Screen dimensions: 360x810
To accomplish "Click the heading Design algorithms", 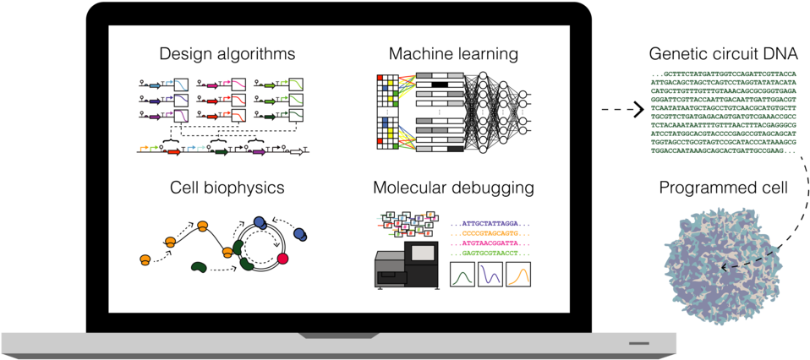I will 227,54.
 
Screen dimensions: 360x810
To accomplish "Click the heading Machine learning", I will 453,54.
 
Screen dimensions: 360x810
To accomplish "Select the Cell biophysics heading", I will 226,187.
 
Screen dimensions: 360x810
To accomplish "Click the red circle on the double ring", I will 283,258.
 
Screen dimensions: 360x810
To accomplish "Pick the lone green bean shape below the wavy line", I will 199,267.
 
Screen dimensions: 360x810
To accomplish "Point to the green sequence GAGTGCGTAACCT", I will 490,253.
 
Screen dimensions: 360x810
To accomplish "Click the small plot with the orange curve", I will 518,275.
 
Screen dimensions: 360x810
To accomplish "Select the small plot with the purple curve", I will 490,275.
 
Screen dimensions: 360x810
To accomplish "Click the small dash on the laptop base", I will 638,343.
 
